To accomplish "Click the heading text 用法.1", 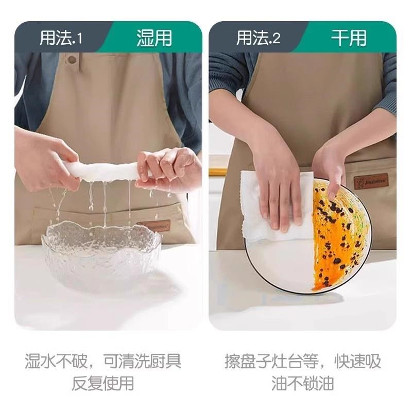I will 61,39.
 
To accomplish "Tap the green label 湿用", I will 154,39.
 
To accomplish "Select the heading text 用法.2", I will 258,39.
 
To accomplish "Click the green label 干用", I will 349,39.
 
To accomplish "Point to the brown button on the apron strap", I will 72,60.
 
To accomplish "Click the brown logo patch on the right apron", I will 371,182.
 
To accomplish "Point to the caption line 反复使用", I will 103,383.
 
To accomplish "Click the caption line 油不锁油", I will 302,383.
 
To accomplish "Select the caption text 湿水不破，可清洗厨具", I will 103,361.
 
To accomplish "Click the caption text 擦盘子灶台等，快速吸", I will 302,361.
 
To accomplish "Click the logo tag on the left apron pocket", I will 153,226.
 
